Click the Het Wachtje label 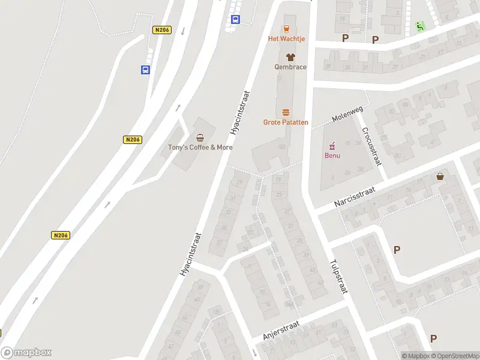click(x=286, y=39)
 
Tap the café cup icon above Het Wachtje click(x=286, y=28)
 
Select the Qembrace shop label click(x=290, y=67)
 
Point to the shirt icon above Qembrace click(x=290, y=56)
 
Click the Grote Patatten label click(x=286, y=122)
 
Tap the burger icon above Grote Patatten click(x=286, y=112)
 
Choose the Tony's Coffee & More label click(x=200, y=147)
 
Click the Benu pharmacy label click(x=332, y=156)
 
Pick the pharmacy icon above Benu click(x=332, y=146)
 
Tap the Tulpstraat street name click(x=338, y=276)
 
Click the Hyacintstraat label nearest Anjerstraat click(x=190, y=255)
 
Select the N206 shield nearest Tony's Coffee click(x=133, y=140)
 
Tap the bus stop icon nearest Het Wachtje click(x=235, y=19)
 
